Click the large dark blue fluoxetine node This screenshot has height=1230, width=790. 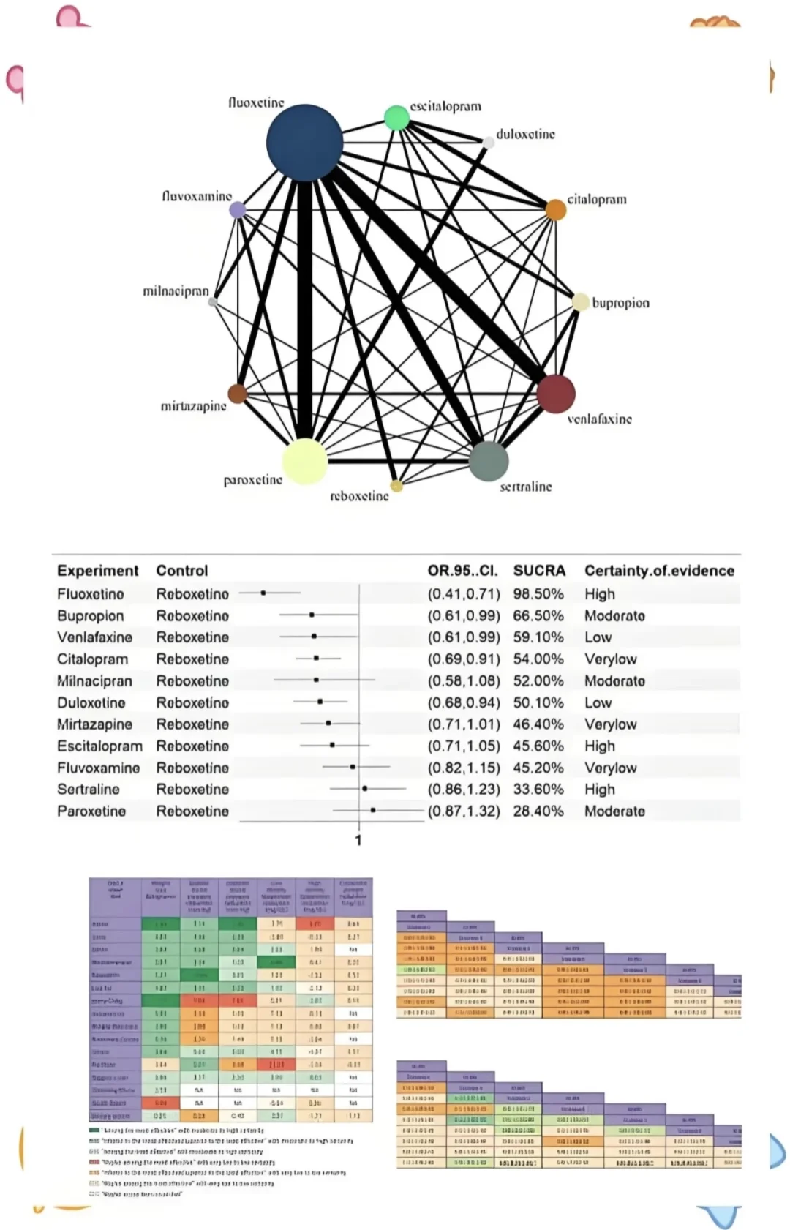click(304, 143)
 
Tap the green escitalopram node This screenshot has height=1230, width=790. click(396, 117)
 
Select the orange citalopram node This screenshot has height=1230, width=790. click(556, 210)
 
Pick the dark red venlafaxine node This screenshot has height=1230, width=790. click(556, 393)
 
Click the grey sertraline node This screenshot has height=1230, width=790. click(489, 461)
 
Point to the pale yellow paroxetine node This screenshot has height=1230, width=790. click(304, 462)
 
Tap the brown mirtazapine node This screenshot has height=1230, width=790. click(237, 394)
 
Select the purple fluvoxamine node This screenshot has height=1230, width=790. click(238, 210)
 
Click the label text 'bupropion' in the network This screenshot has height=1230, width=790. click(620, 303)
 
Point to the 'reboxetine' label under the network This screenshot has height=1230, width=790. click(359, 496)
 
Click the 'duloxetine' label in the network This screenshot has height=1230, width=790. click(525, 134)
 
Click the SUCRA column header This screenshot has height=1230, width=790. click(539, 571)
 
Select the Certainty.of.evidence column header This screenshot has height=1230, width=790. click(659, 571)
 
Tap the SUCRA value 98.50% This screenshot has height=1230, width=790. click(538, 594)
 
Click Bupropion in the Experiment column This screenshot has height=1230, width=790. click(91, 616)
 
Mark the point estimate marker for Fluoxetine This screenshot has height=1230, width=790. click(263, 593)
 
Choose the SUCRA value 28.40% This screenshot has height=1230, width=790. click(538, 811)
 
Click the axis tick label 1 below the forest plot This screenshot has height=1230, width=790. click(358, 841)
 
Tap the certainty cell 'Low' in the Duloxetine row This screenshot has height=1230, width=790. click(598, 703)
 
